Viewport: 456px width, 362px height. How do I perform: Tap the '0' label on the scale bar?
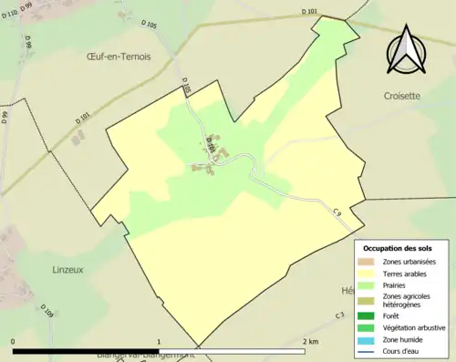tap(13, 341)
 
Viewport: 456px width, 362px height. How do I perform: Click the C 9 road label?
tap(337, 212)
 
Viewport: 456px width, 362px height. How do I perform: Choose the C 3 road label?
tap(339, 315)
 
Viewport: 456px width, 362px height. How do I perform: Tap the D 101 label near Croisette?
tap(312, 12)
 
